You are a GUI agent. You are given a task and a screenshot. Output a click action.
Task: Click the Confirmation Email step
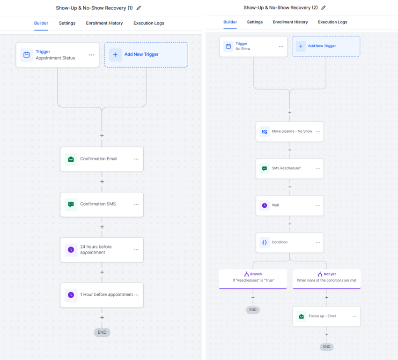tap(102, 159)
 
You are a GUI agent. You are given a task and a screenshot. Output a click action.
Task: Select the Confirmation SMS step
tap(102, 204)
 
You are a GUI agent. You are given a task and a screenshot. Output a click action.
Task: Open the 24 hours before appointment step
tap(102, 249)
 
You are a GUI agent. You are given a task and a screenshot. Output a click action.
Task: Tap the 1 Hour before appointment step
tap(102, 295)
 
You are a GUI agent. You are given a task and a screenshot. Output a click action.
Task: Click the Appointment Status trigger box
tap(58, 55)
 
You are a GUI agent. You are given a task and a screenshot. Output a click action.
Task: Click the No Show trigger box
tap(254, 46)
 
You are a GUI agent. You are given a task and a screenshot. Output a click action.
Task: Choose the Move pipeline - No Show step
tap(290, 132)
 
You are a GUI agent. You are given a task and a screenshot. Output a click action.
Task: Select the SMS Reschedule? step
tap(290, 168)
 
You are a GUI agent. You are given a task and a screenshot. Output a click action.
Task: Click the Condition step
tap(290, 242)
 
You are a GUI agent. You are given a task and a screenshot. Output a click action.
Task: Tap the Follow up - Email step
tap(327, 316)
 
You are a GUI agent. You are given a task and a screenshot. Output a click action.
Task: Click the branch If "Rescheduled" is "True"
tap(253, 279)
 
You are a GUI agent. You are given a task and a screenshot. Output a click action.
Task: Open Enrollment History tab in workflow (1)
tap(104, 23)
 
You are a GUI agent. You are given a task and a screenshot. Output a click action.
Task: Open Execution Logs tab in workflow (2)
tap(332, 22)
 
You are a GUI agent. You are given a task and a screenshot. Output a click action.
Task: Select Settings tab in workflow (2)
tap(255, 22)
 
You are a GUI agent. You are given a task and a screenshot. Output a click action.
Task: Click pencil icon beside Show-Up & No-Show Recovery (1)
tap(139, 8)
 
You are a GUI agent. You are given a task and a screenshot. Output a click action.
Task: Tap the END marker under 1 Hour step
tap(102, 332)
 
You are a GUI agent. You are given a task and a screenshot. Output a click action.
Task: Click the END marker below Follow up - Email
tap(327, 347)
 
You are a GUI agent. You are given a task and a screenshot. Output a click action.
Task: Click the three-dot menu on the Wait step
tap(318, 205)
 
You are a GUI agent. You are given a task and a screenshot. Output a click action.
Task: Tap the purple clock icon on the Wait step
tap(265, 205)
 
